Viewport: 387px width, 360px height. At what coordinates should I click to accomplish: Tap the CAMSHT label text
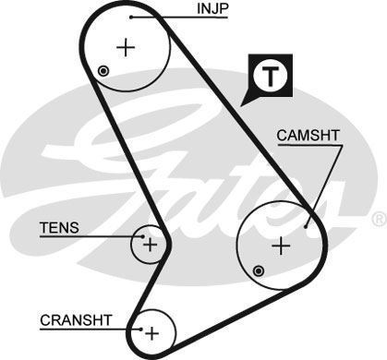coord(308,137)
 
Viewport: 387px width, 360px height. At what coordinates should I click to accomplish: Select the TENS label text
coord(59,227)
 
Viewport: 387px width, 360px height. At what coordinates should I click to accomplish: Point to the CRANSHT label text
coord(76,320)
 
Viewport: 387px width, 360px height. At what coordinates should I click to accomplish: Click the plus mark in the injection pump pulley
coord(126,46)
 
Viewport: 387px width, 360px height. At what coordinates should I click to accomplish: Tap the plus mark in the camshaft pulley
coord(282,245)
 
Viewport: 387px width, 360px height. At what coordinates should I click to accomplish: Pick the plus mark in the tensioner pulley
coord(150,245)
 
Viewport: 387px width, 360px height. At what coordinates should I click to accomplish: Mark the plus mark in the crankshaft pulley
coord(153,330)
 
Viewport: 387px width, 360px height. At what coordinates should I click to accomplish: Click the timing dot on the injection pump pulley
coord(103,72)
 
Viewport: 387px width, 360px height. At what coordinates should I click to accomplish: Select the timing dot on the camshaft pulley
coord(260,270)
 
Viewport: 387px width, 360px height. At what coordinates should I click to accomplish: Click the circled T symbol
coord(269,76)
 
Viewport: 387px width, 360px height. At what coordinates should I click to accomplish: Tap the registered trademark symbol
coord(378,219)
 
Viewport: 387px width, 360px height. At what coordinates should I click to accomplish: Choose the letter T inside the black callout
coord(269,76)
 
